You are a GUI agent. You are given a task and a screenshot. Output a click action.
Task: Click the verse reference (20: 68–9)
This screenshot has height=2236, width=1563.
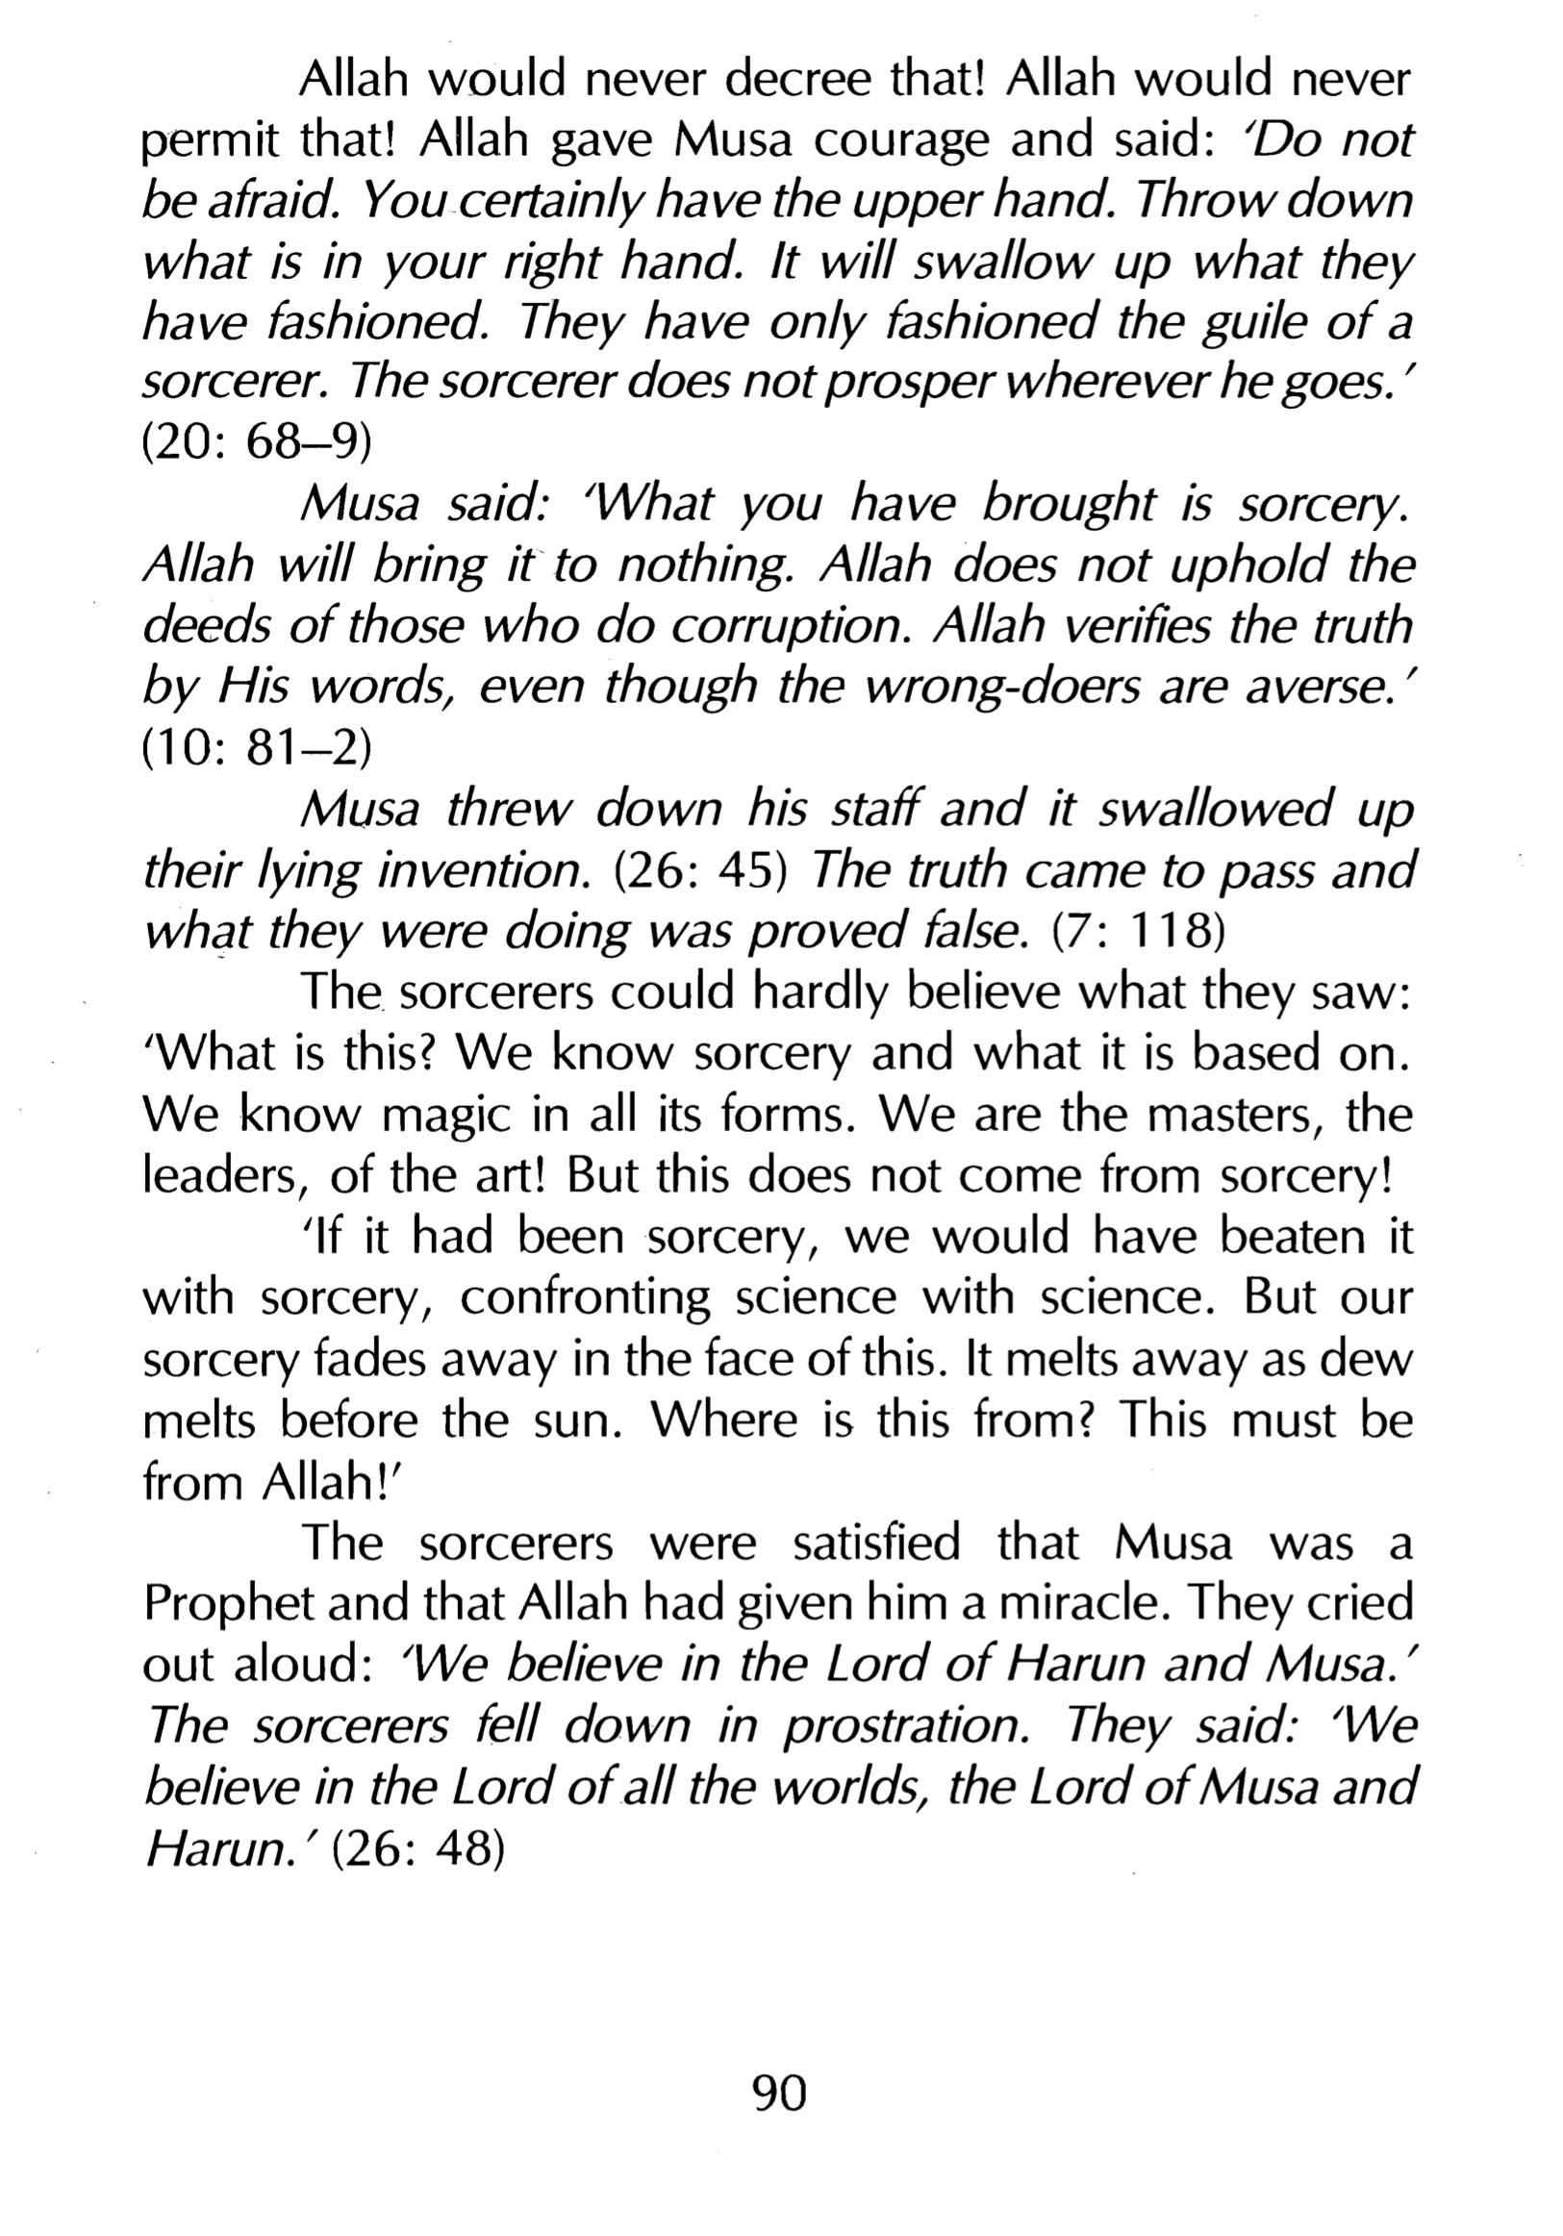pos(257,443)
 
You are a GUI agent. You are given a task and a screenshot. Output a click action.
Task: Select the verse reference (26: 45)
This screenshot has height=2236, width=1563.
pos(700,870)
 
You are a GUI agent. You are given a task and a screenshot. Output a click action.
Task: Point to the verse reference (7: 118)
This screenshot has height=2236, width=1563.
pos(1138,932)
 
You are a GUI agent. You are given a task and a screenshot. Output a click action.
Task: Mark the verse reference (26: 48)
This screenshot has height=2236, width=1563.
pos(417,1849)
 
